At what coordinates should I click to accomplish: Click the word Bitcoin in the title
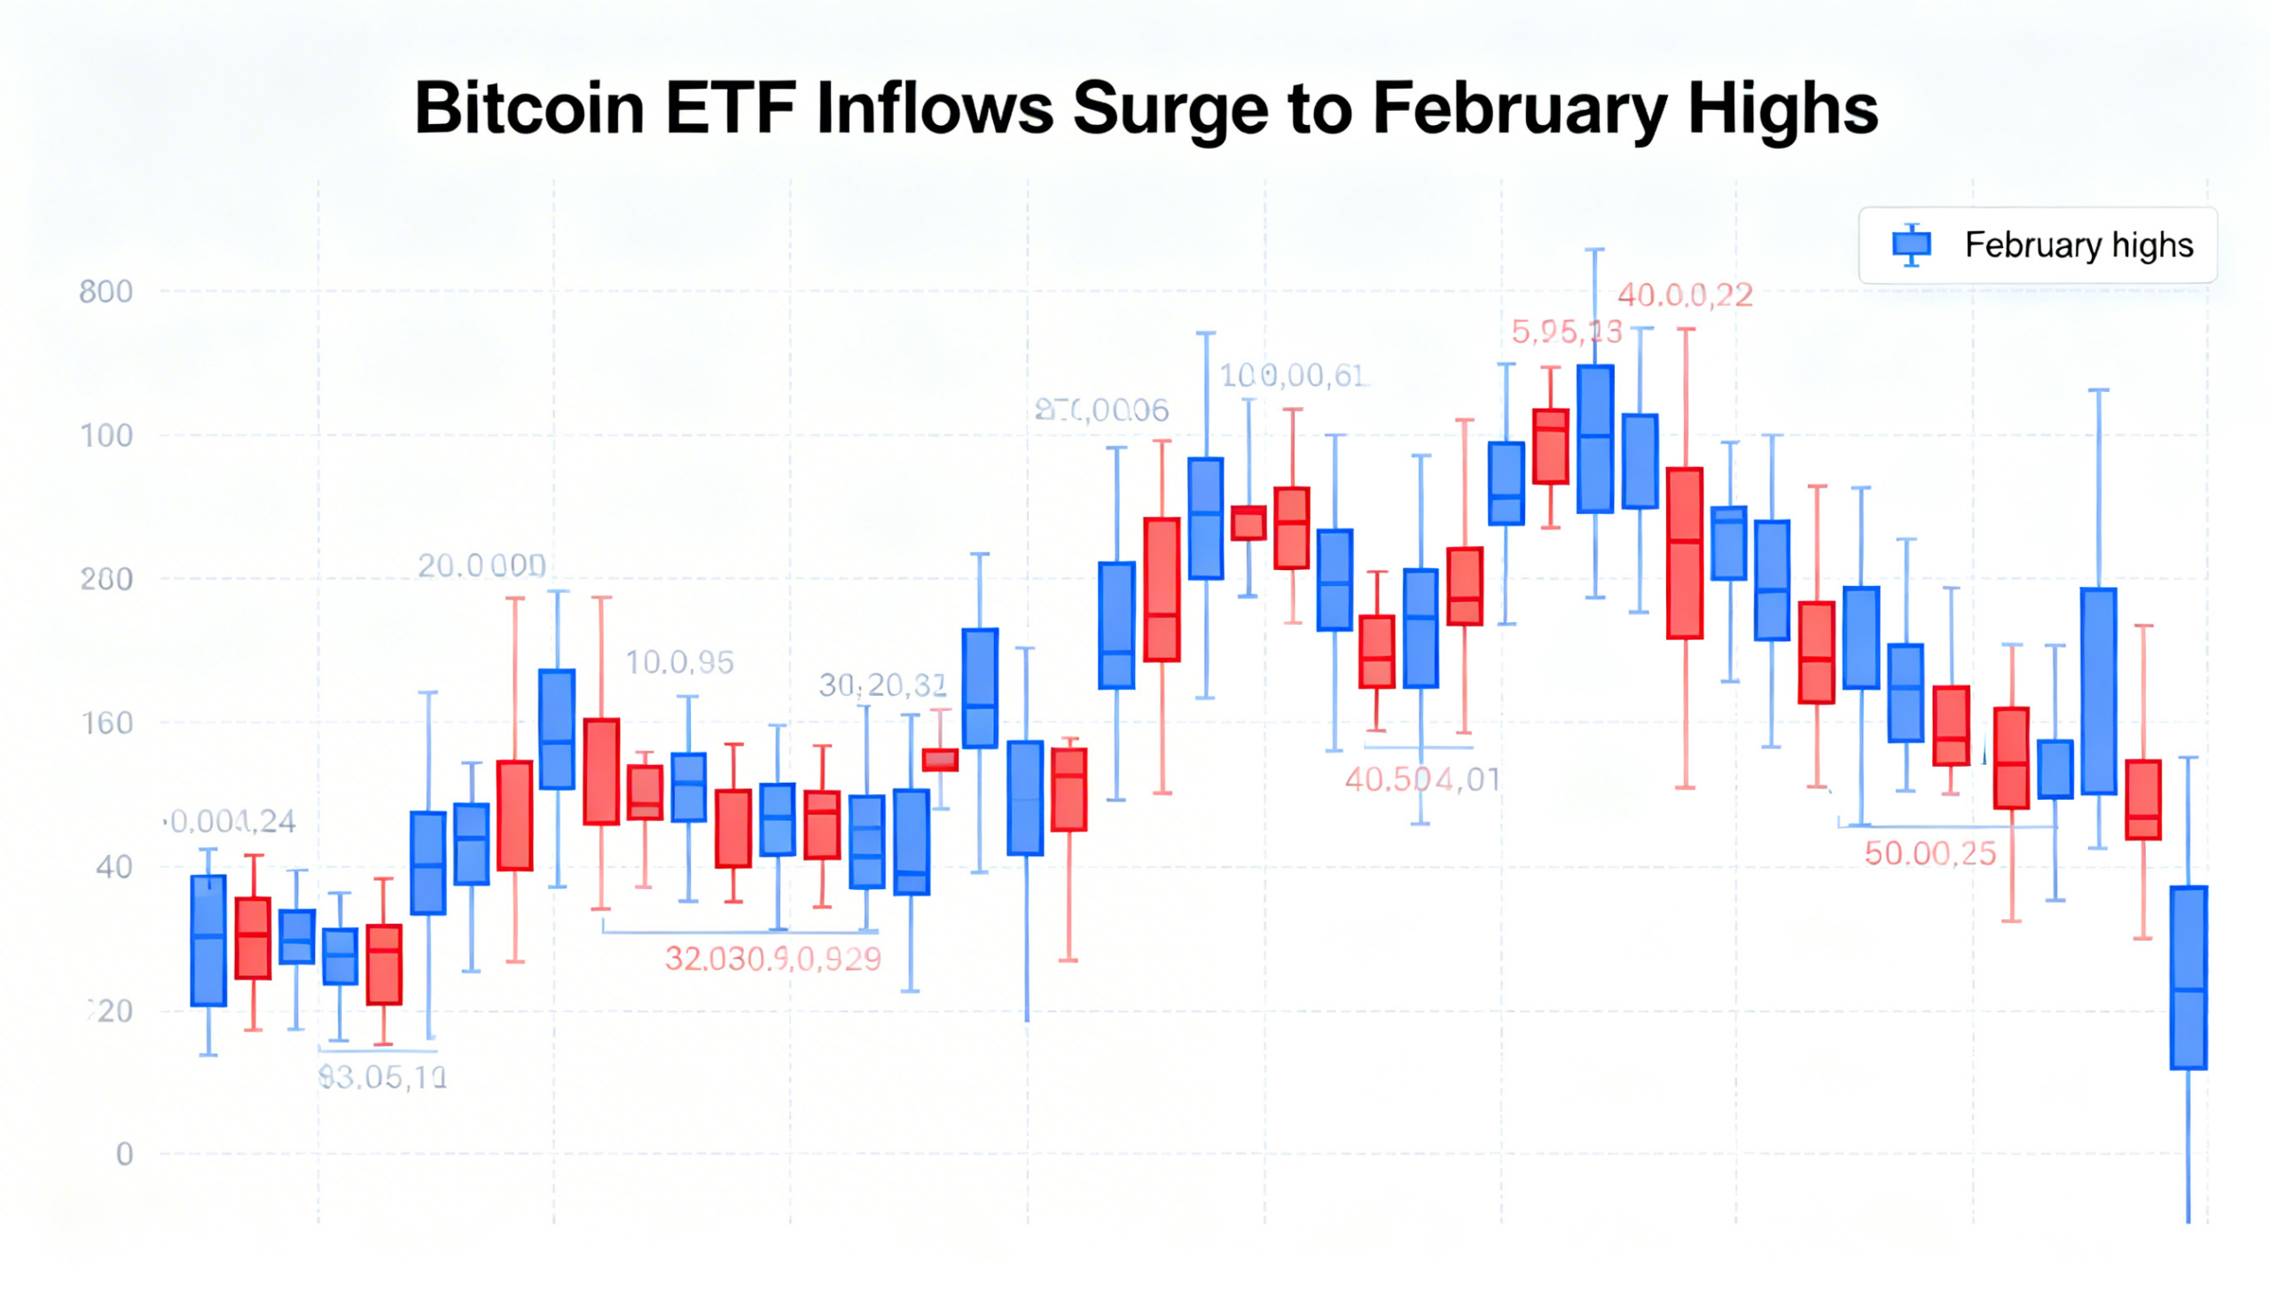(x=529, y=109)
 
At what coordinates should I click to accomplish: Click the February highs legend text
(x=2078, y=245)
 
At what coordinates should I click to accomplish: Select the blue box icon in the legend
(x=1911, y=244)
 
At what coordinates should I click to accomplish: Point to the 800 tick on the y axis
(x=106, y=293)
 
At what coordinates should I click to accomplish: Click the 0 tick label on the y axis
(x=125, y=1154)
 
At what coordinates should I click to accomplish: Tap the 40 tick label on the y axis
(x=113, y=867)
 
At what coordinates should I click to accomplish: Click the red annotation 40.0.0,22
(x=1685, y=295)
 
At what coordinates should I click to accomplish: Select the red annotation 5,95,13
(x=1566, y=332)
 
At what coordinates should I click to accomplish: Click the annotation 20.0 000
(x=481, y=566)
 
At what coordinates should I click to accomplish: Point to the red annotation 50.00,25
(x=1930, y=855)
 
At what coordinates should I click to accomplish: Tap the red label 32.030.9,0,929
(x=772, y=959)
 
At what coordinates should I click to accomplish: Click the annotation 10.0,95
(x=679, y=663)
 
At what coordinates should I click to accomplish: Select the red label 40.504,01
(x=1422, y=780)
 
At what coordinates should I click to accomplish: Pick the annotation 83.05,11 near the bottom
(x=382, y=1078)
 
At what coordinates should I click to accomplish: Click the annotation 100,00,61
(x=1292, y=376)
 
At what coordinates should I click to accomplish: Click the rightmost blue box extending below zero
(x=2188, y=978)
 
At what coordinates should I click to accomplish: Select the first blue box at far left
(x=208, y=941)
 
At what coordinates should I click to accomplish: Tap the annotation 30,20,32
(x=882, y=685)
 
